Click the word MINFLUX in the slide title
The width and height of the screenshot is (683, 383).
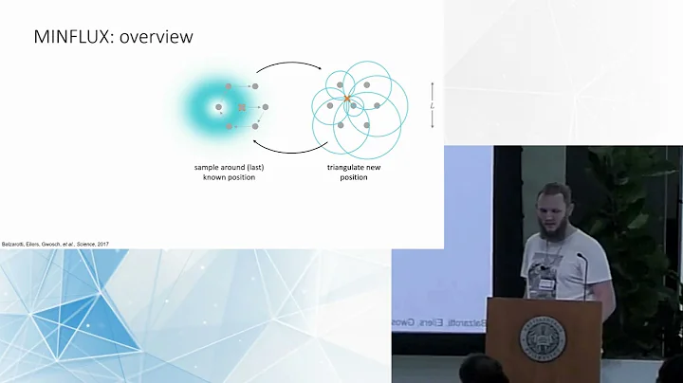pyautogui.click(x=67, y=37)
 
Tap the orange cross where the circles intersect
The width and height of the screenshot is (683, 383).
pyautogui.click(x=347, y=99)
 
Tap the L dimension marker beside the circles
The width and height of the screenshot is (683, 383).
pyautogui.click(x=433, y=105)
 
